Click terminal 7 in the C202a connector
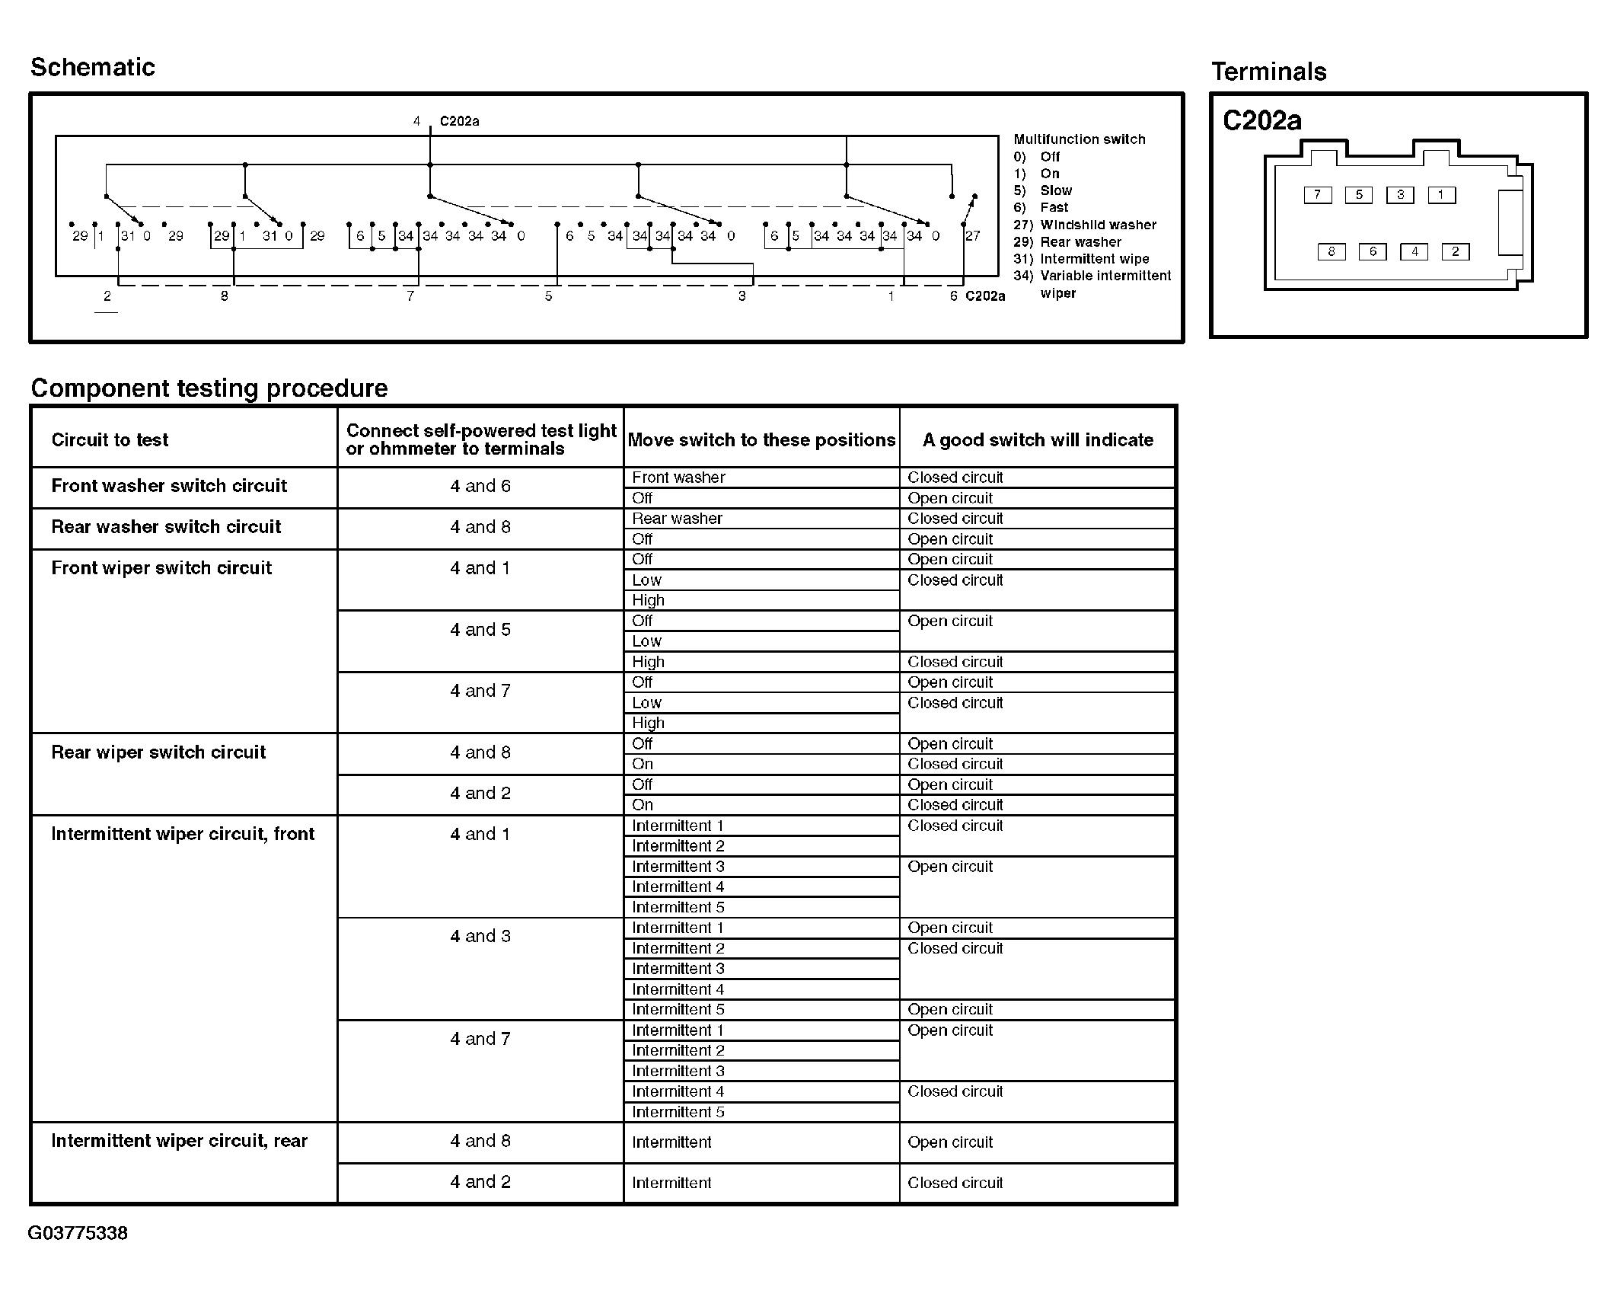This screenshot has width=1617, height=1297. pos(1317,195)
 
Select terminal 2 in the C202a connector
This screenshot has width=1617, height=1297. pos(1456,251)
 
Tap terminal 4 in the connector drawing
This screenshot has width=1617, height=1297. pos(1414,251)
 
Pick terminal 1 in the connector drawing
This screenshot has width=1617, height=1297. pos(1441,195)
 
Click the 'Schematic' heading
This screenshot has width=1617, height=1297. pos(92,67)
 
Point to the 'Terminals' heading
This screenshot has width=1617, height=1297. pos(1268,72)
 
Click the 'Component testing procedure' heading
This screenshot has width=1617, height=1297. pos(209,388)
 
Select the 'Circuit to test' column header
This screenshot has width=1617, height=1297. pos(110,439)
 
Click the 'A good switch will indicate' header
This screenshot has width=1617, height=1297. pos(1037,439)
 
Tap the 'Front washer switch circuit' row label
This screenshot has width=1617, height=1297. pos(168,486)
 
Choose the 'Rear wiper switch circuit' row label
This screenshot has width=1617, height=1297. pos(158,752)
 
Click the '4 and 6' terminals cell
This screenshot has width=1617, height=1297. pos(480,486)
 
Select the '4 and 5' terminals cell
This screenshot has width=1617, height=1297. pos(480,630)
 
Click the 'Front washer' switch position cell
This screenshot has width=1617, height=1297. pos(678,478)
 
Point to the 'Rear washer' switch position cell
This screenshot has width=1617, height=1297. pos(677,519)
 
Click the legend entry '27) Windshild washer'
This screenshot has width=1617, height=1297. pos(1084,225)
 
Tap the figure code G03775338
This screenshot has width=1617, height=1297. pos(78,1233)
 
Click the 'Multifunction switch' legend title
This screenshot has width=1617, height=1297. pos(1079,139)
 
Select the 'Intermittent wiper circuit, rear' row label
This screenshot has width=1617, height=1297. pos(179,1141)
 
